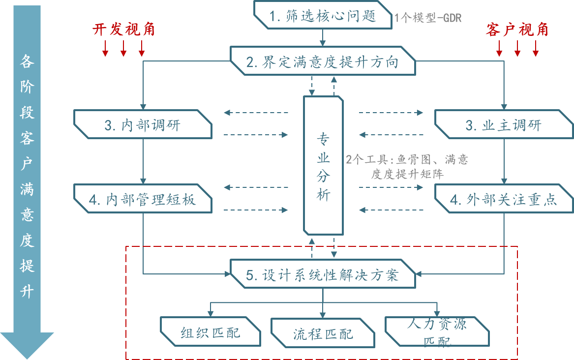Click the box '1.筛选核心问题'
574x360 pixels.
tap(323, 16)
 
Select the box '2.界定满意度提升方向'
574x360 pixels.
tap(323, 62)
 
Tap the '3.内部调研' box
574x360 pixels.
tap(143, 124)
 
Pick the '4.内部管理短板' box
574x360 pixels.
tap(143, 199)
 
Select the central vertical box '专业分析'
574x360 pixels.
tap(323, 165)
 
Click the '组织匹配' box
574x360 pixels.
tap(211, 332)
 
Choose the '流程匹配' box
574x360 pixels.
tap(323, 333)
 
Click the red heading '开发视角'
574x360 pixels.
tap(123, 30)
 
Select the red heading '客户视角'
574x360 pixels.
tap(517, 30)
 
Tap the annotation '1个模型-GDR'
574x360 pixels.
tap(427, 18)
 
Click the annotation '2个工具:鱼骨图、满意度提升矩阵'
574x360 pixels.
tap(407, 167)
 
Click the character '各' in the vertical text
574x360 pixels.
tap(27, 61)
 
